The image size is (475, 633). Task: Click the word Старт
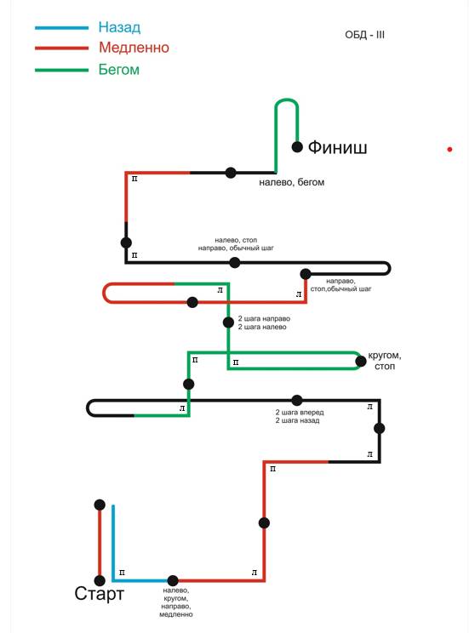click(99, 594)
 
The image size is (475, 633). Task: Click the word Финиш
click(338, 147)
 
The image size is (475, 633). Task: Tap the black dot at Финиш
click(297, 147)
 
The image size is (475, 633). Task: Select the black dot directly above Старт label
click(100, 580)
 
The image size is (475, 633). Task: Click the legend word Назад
click(119, 27)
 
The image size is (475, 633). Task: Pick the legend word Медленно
click(134, 48)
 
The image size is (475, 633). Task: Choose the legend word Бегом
click(119, 70)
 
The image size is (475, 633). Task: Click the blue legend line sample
click(62, 28)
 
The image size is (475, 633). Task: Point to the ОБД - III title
click(364, 35)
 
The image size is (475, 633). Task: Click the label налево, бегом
click(292, 182)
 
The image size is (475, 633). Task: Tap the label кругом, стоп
click(385, 361)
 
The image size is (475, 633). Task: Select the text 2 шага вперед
click(300, 412)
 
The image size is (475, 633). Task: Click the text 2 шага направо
click(264, 318)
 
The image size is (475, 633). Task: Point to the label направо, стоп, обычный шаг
click(341, 285)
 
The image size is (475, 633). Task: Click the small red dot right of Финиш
click(449, 150)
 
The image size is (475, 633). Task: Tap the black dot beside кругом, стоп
click(361, 361)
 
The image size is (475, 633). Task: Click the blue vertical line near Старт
click(113, 543)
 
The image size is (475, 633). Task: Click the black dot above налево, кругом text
click(173, 580)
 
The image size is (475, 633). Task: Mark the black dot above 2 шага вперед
click(297, 401)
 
